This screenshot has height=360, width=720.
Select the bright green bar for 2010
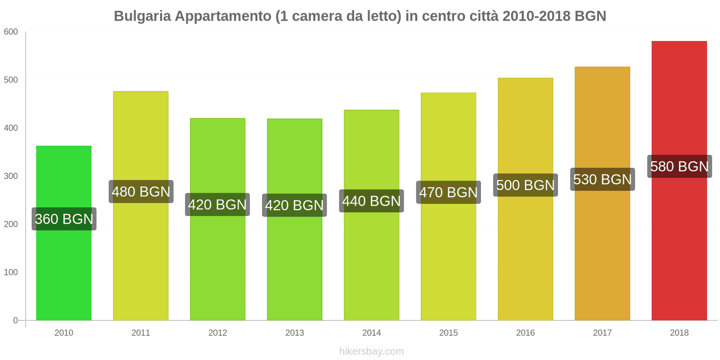pyautogui.click(x=64, y=270)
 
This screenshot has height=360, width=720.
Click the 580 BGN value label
pyautogui.click(x=679, y=166)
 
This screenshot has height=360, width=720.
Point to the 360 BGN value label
pyautogui.click(x=64, y=219)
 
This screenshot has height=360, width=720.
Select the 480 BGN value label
pyautogui.click(x=141, y=192)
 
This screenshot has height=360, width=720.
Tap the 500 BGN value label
pyautogui.click(x=525, y=185)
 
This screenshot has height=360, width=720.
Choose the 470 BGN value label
pyautogui.click(x=448, y=192)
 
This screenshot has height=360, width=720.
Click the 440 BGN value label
pyautogui.click(x=371, y=201)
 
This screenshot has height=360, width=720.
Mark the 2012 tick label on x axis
pyautogui.click(x=218, y=333)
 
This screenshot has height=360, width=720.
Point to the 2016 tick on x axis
pyautogui.click(x=525, y=333)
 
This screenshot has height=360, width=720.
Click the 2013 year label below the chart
pyautogui.click(x=295, y=333)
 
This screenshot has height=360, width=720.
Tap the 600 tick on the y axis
pyautogui.click(x=11, y=31)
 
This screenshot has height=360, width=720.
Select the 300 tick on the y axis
pyautogui.click(x=11, y=176)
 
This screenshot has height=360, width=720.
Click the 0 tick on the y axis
pyautogui.click(x=15, y=320)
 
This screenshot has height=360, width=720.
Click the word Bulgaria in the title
pyautogui.click(x=142, y=16)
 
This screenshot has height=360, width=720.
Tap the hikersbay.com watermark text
pyautogui.click(x=371, y=351)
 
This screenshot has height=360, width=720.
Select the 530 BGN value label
pyautogui.click(x=602, y=179)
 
